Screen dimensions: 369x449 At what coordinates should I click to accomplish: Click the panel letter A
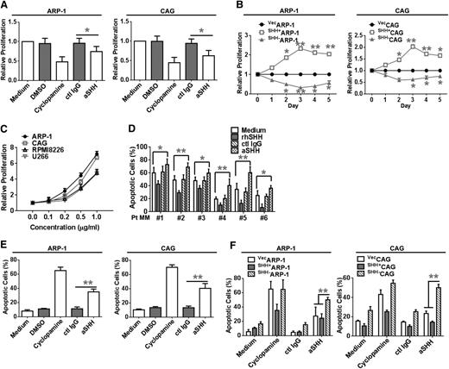click(x=6, y=7)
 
